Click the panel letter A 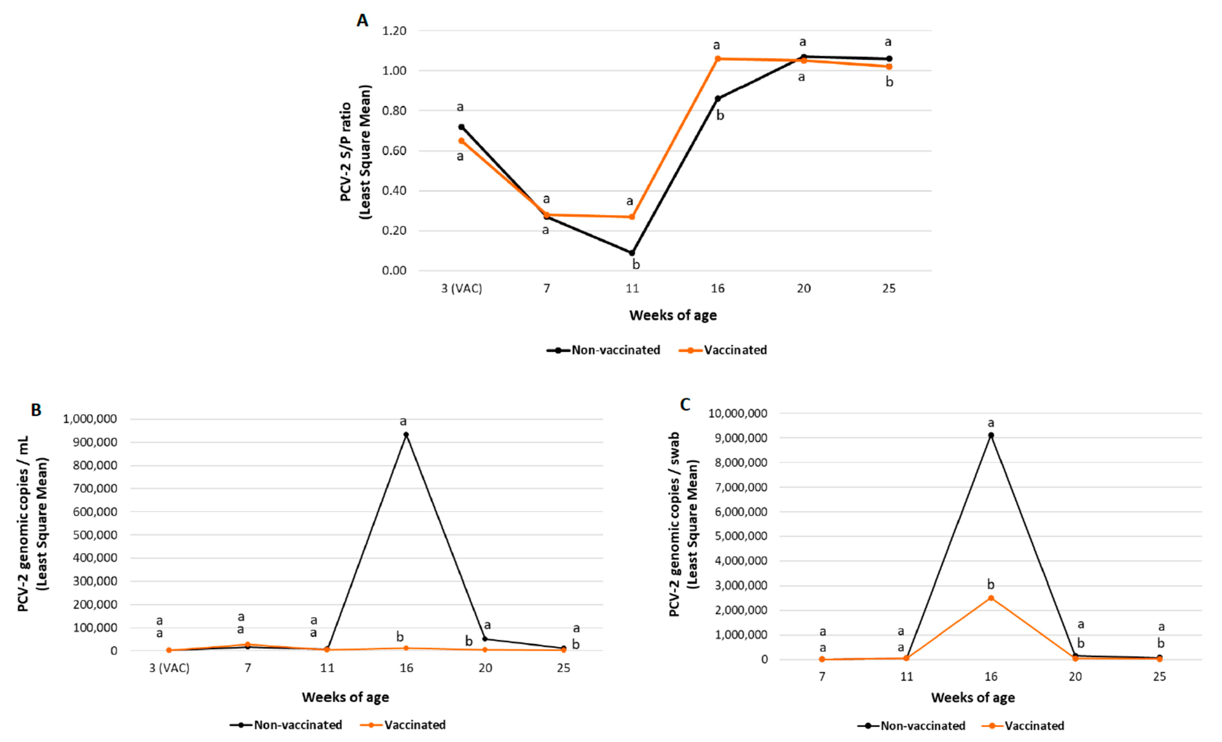363,21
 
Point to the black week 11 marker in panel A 632,253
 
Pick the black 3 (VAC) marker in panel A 461,127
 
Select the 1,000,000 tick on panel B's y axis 90,419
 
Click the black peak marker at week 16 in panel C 991,436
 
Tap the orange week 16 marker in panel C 991,598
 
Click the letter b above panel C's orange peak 991,585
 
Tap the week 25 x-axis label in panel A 889,288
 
